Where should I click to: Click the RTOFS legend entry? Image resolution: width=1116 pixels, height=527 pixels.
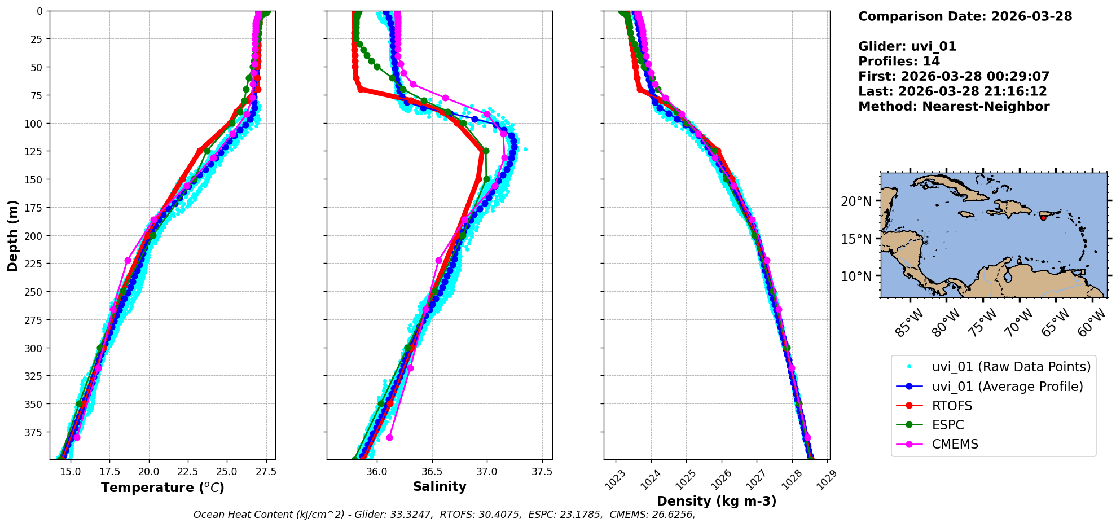click(952, 406)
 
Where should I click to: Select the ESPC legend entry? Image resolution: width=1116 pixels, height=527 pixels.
click(948, 425)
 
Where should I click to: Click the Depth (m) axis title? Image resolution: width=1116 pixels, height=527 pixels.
click(12, 235)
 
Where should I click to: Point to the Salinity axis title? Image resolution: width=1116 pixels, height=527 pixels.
click(440, 487)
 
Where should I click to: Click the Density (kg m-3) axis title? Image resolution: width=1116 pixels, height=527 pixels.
click(717, 501)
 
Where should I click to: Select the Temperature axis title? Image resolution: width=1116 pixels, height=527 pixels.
click(162, 488)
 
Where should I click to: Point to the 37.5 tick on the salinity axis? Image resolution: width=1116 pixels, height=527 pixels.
click(542, 471)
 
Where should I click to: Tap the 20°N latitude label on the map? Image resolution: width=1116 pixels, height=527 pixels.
click(856, 201)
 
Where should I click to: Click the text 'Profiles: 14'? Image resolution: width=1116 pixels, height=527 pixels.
click(899, 62)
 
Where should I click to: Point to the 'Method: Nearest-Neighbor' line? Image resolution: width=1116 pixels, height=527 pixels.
click(954, 107)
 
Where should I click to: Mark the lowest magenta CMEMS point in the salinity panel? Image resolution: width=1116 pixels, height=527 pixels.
click(389, 437)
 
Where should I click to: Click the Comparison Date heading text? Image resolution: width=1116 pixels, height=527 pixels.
click(965, 16)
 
